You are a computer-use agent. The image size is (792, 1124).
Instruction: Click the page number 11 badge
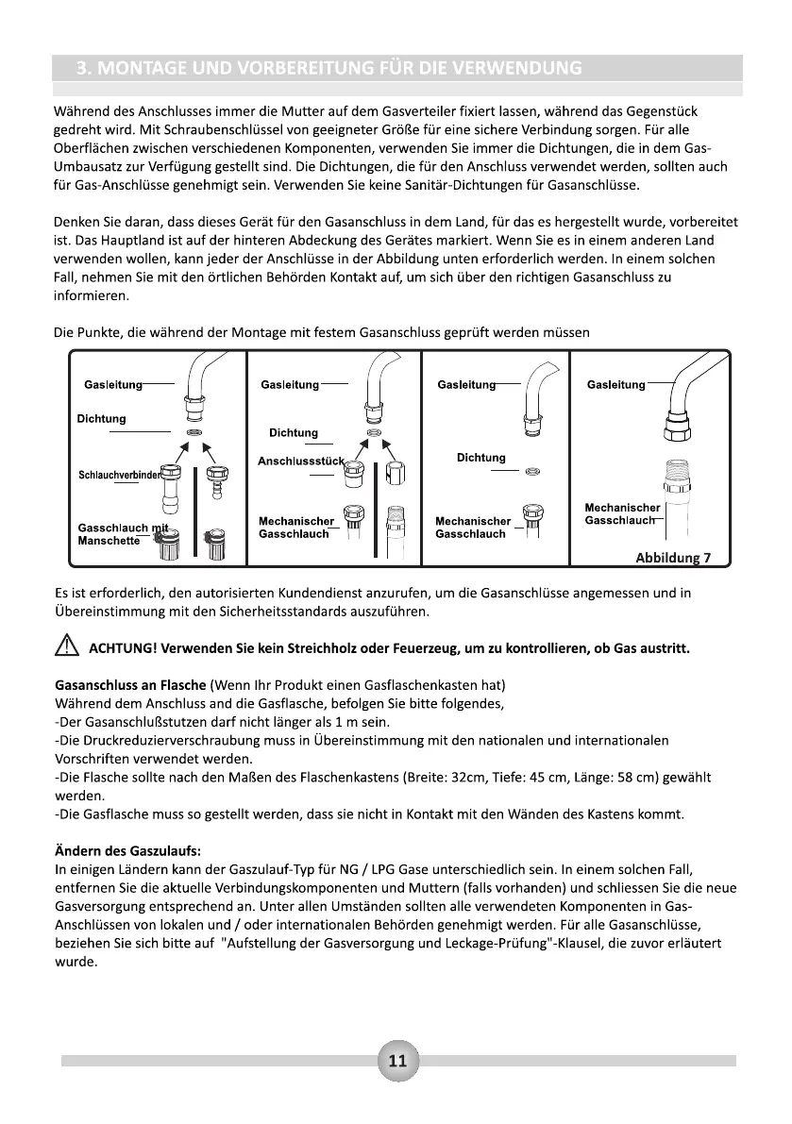(396, 1061)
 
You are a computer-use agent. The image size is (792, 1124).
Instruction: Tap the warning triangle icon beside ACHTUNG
(66, 648)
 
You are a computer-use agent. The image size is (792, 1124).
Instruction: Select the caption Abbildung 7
(673, 557)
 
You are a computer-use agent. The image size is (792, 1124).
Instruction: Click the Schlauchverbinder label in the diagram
(122, 475)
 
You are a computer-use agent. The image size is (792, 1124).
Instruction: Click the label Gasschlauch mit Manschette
(120, 534)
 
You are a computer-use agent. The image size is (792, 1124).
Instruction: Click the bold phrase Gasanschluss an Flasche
(131, 684)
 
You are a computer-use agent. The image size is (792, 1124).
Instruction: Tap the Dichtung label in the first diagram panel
(101, 418)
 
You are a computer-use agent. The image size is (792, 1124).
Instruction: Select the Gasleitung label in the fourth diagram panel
(615, 384)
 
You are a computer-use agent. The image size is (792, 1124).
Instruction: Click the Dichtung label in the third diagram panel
(480, 458)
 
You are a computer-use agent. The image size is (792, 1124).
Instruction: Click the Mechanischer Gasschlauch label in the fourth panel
(622, 514)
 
